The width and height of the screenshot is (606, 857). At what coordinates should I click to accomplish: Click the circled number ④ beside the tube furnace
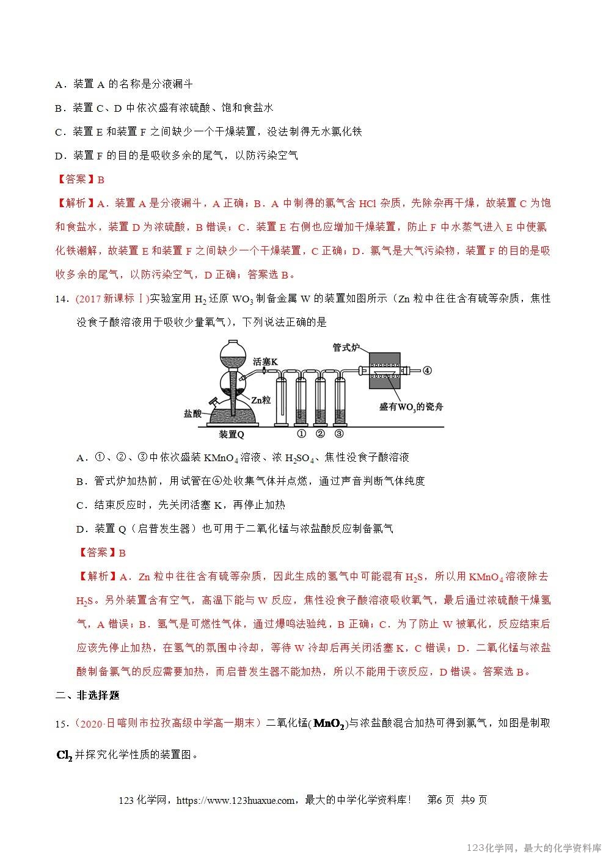pyautogui.click(x=427, y=370)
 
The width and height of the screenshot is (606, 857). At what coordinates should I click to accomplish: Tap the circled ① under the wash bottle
pyautogui.click(x=301, y=434)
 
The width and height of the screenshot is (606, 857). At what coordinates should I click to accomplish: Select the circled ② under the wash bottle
pyautogui.click(x=320, y=434)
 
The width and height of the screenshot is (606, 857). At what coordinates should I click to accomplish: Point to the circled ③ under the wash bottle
pyautogui.click(x=340, y=434)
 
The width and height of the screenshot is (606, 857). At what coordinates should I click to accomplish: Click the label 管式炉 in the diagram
pyautogui.click(x=346, y=347)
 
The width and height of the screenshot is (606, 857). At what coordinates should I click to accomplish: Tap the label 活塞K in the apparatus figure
pyautogui.click(x=266, y=362)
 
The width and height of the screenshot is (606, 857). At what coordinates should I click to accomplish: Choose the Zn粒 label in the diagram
pyautogui.click(x=260, y=399)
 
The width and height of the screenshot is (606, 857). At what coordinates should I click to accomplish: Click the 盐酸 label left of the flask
pyautogui.click(x=192, y=414)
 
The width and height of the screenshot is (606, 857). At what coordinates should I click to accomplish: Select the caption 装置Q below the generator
pyautogui.click(x=232, y=434)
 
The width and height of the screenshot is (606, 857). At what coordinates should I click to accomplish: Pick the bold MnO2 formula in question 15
pyautogui.click(x=330, y=724)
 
